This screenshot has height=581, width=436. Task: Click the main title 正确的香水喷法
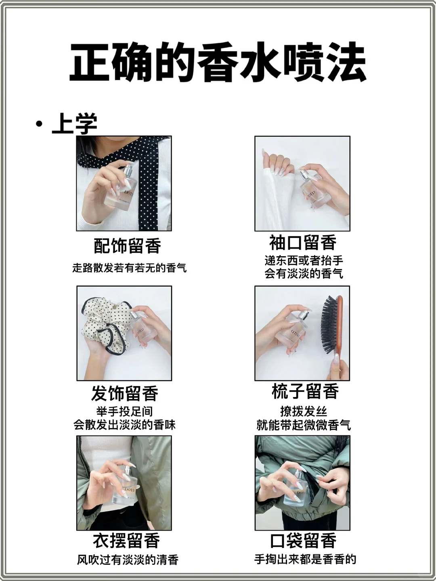click(218, 63)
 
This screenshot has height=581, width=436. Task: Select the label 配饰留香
click(127, 246)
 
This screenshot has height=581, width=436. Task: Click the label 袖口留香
click(303, 243)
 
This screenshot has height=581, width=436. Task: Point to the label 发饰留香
click(125, 393)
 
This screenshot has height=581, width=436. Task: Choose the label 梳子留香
click(305, 391)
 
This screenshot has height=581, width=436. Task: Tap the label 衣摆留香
click(126, 541)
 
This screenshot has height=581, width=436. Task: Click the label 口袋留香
click(303, 541)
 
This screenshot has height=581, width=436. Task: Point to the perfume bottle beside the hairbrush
click(297, 329)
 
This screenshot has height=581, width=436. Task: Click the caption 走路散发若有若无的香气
click(129, 268)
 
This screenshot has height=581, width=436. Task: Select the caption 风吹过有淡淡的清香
click(128, 560)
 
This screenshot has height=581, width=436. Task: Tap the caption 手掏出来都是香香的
click(305, 559)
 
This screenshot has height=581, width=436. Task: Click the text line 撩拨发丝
click(304, 412)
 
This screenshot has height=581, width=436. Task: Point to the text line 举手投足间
click(124, 412)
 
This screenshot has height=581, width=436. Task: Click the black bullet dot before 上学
click(39, 123)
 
